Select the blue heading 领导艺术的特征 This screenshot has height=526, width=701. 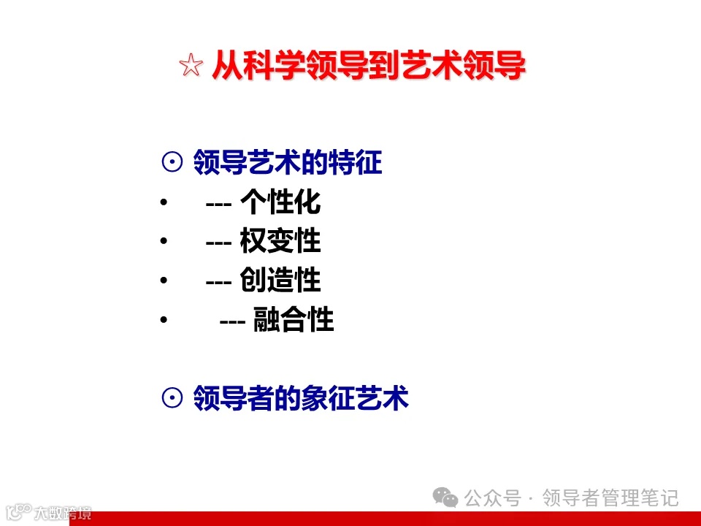click(x=288, y=162)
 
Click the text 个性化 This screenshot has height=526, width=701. click(x=280, y=202)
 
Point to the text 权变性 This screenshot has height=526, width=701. click(x=280, y=241)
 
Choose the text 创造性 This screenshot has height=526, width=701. click(x=280, y=280)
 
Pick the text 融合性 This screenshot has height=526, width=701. click(x=294, y=319)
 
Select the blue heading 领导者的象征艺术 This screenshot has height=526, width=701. click(x=301, y=398)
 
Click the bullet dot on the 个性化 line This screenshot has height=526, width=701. click(x=163, y=202)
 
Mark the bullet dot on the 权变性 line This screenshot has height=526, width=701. click(x=163, y=241)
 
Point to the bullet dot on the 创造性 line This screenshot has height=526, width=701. click(x=163, y=281)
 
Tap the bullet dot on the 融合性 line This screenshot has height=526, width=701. click(x=163, y=319)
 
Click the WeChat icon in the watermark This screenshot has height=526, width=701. click(x=445, y=498)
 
